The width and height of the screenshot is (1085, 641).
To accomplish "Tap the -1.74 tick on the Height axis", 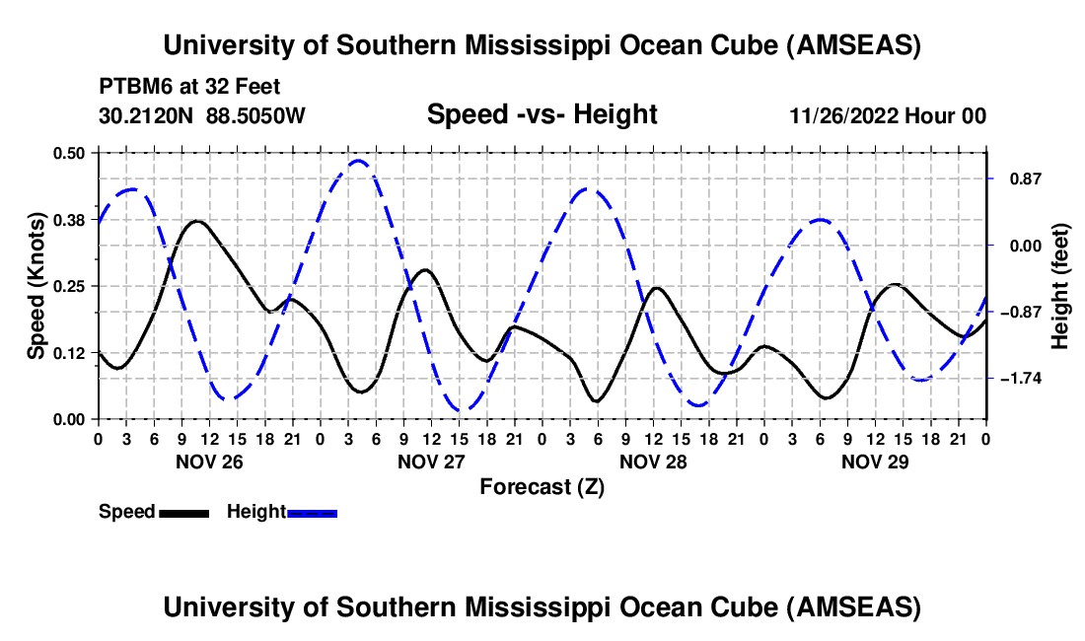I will pos(1023,379).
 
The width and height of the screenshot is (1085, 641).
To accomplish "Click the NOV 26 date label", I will pos(208,461).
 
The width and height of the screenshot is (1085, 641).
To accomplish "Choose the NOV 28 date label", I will pos(652,461).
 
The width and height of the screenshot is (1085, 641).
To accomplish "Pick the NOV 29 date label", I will pos(874,461).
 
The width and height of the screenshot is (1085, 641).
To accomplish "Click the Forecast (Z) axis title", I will pos(542,486).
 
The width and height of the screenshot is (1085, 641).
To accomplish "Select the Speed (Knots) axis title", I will pos(36,286).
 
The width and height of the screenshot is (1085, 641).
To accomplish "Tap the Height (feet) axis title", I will pos(1061,286).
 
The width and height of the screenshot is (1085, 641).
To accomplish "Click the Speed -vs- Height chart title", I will pos(542,114).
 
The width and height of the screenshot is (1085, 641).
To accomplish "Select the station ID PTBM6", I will pos(131,86).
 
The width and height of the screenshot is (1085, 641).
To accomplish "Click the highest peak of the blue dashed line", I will pos(359,161).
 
